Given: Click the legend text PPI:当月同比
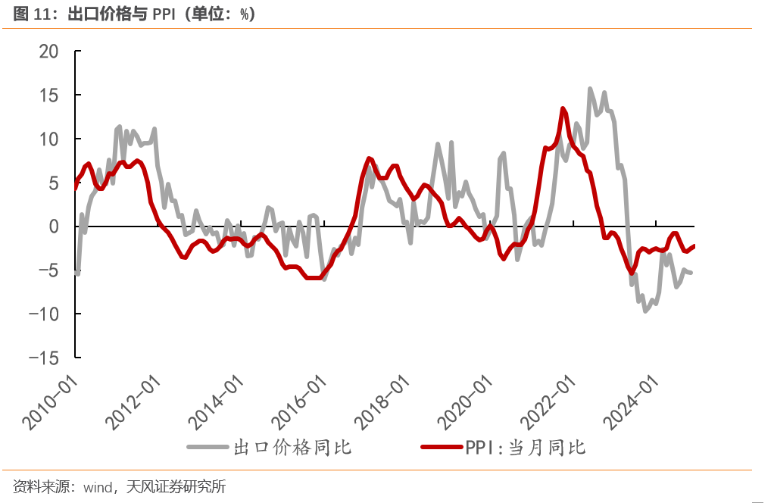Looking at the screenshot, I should [526, 448].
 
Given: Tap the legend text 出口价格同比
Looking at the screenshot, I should [292, 448].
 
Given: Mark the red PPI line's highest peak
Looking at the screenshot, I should [563, 108].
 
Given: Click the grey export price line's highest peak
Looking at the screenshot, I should [590, 89].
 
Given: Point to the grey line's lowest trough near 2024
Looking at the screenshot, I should [645, 311].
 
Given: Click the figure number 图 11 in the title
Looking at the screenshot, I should [31, 13].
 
